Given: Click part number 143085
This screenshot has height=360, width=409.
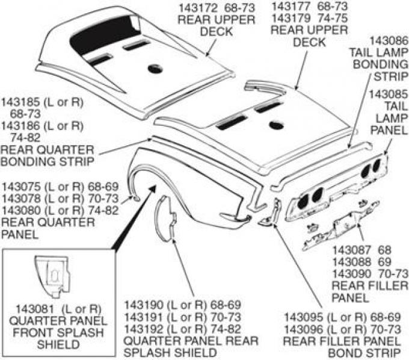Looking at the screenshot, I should pos(384,95).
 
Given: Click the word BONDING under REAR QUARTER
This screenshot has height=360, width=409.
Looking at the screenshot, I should pos(28,161).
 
